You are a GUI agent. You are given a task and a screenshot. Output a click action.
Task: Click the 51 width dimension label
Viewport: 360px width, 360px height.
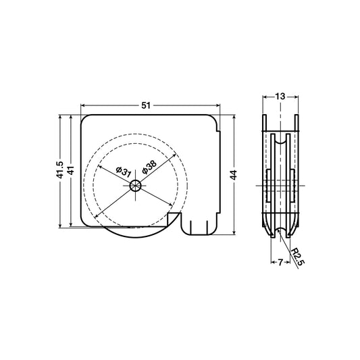coord(146,105)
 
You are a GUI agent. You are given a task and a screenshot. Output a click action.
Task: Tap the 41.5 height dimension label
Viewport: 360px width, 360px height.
coord(60,170)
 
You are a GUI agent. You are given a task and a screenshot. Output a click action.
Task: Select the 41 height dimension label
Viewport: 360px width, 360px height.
coord(71,170)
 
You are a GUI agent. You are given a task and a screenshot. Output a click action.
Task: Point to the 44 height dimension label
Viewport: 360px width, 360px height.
coord(234,175)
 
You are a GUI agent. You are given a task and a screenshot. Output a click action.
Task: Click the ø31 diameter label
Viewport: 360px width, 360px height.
coord(124,172)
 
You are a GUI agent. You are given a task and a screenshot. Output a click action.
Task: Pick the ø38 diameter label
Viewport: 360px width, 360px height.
coord(149,167)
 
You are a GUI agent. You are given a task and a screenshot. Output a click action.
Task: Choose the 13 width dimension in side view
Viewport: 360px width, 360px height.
coord(280,97)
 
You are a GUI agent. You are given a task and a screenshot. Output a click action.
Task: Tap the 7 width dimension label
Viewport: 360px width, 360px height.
coord(280,262)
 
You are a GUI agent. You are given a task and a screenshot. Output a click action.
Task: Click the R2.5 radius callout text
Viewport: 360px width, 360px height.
coord(298,257)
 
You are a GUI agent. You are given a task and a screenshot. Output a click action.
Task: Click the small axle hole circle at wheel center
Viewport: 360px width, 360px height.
coord(136,186)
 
